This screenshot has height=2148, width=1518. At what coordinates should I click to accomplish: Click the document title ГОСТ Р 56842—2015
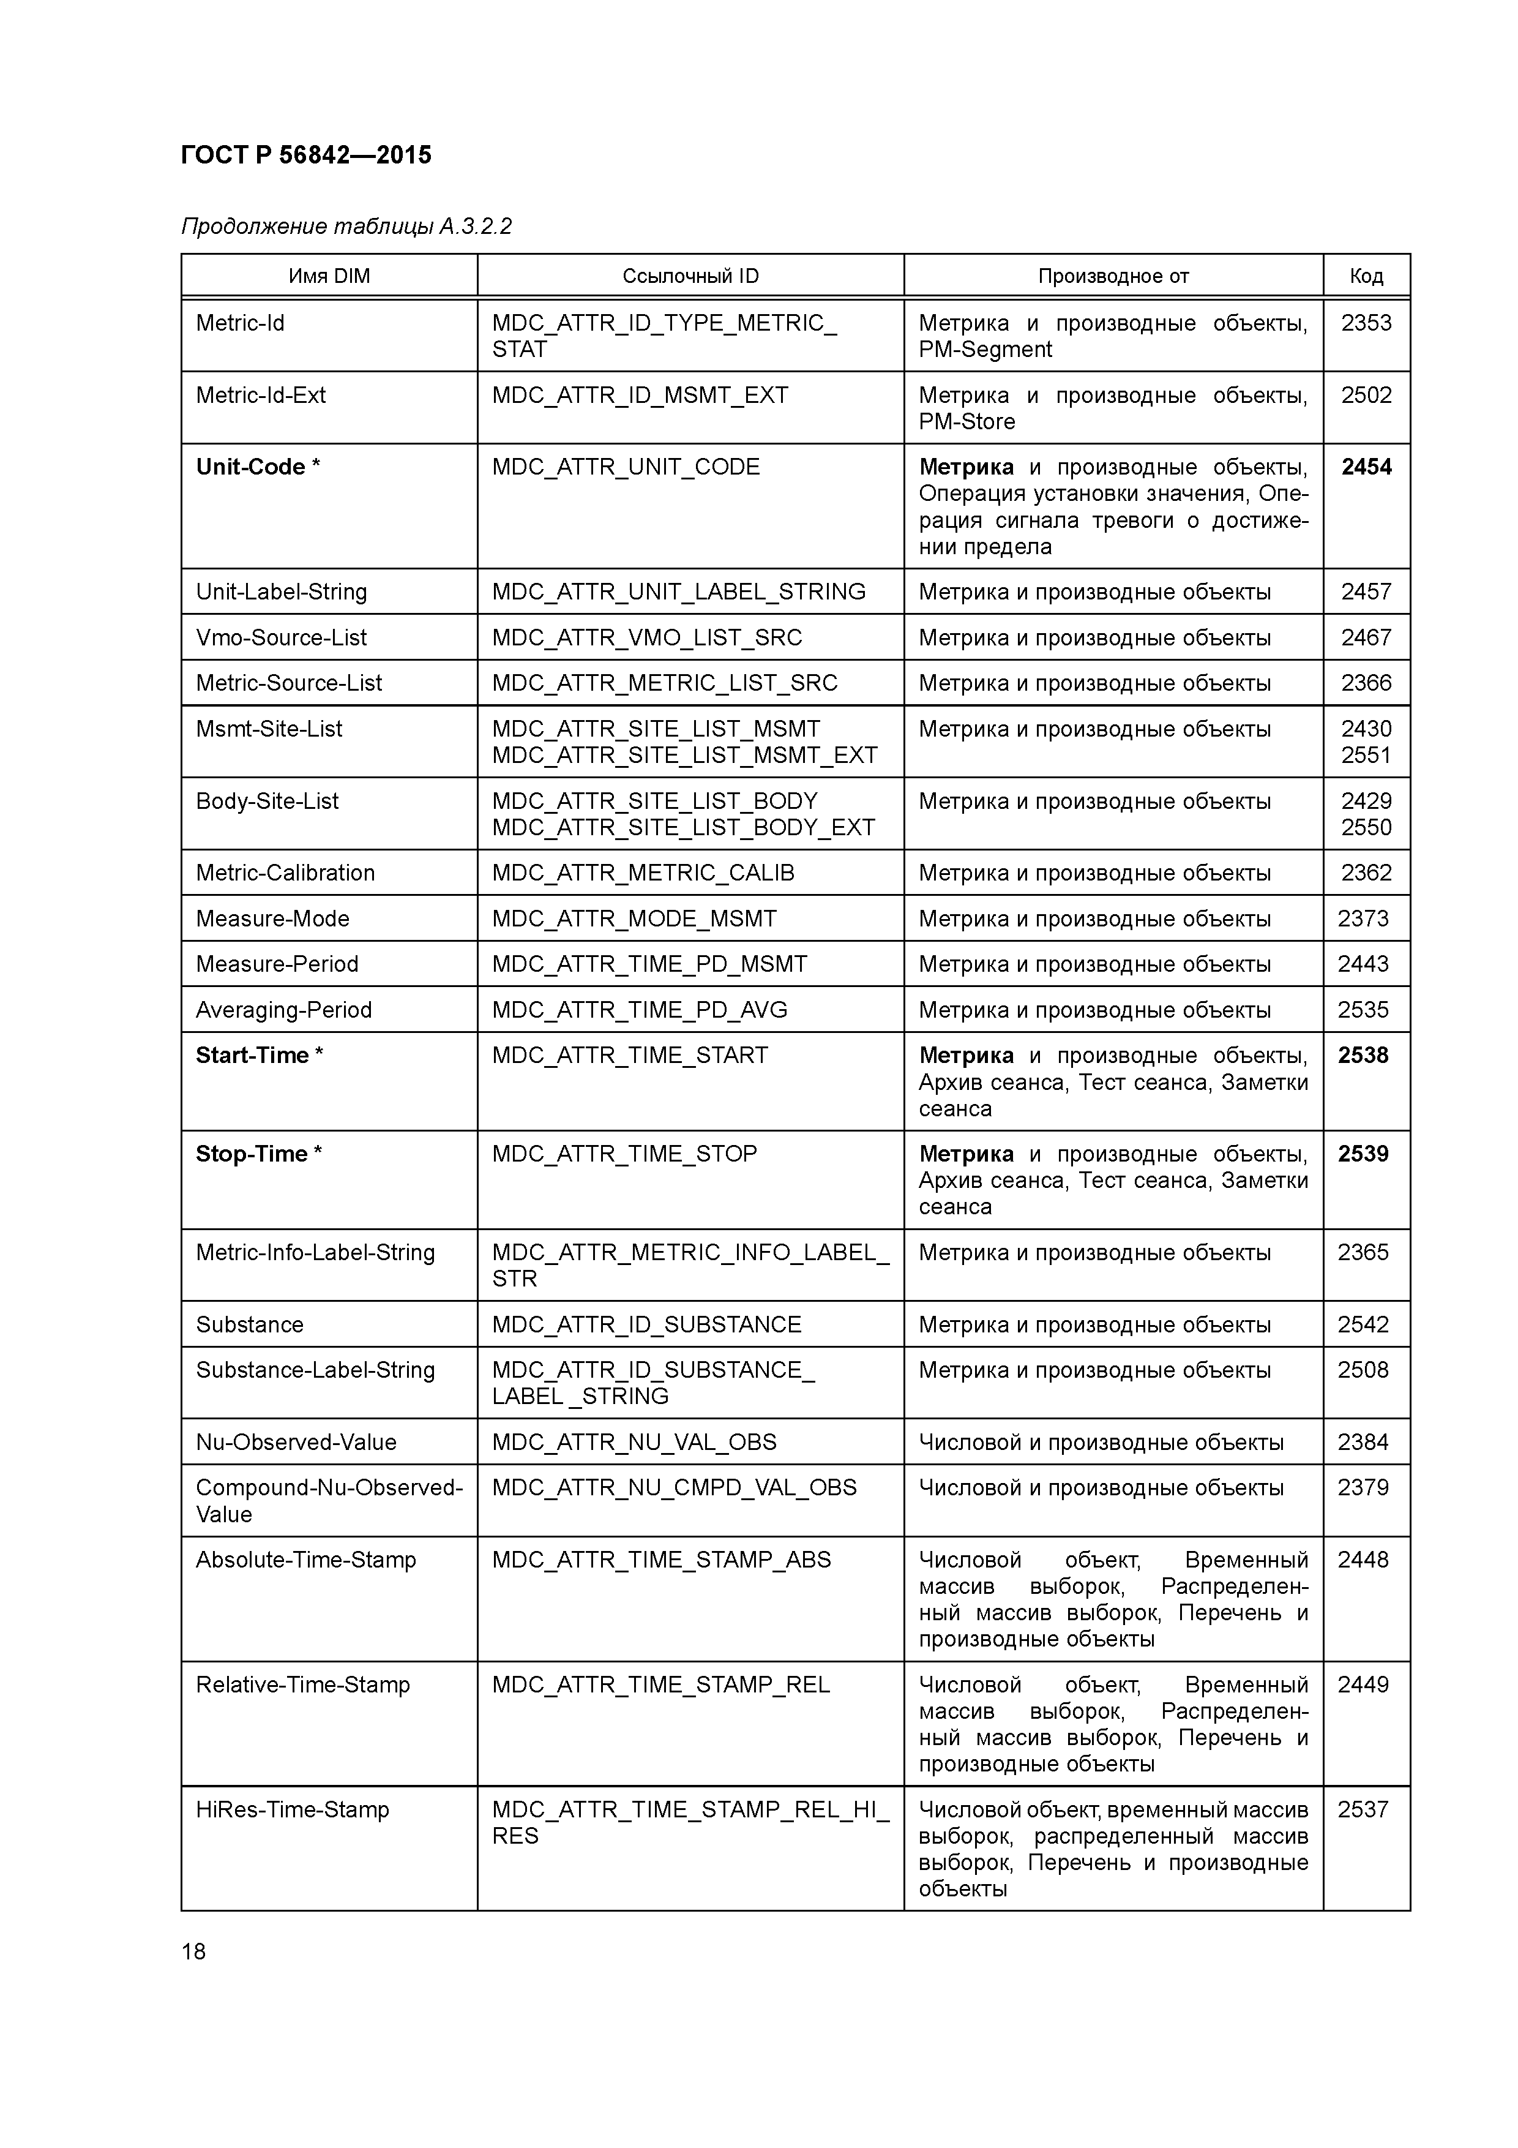tap(306, 156)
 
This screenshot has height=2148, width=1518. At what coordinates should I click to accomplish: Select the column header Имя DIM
tap(329, 276)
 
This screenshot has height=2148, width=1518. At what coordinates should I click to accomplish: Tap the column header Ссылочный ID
tap(690, 276)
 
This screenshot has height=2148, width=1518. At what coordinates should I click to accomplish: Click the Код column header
tap(1366, 276)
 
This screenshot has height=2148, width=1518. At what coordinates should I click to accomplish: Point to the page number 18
tap(193, 1951)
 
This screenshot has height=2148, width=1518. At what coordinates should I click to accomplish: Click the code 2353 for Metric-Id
tap(1366, 324)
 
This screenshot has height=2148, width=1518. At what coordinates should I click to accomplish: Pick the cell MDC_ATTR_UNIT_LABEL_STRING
tap(679, 592)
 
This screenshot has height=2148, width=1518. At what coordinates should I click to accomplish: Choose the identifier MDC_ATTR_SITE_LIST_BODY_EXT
tap(684, 828)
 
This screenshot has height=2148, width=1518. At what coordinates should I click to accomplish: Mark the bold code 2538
tap(1363, 1055)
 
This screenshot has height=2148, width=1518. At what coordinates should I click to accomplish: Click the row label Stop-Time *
tap(259, 1154)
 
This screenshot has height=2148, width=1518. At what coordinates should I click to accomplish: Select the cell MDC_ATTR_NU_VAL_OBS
tap(634, 1441)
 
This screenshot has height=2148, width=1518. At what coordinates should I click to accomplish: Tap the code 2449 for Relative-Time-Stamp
tap(1363, 1685)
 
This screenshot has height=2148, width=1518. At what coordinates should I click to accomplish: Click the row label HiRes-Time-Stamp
tap(292, 1809)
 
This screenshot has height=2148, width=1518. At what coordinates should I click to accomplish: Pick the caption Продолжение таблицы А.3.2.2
tap(346, 227)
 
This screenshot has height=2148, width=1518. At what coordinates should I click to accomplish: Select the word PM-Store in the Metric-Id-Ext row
tap(966, 422)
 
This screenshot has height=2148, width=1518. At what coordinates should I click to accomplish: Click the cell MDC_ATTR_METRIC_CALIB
tap(643, 873)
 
